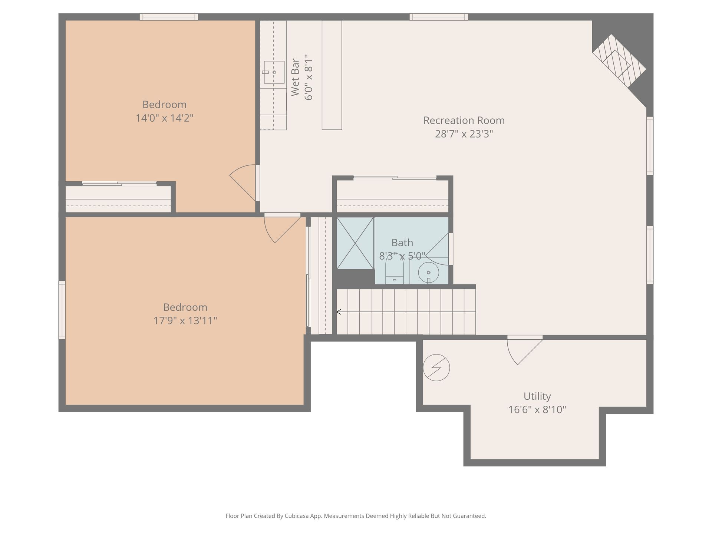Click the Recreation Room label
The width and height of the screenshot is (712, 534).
coord(464,121)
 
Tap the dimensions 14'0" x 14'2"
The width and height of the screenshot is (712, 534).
coord(164,118)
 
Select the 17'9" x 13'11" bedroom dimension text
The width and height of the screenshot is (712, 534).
coord(185,320)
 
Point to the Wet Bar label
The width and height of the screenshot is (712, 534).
coord(295,77)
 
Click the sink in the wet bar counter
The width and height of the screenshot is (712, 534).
coord(274,72)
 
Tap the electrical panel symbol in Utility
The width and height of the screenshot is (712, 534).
coord(436,368)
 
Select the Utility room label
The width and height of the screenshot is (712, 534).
coord(537,396)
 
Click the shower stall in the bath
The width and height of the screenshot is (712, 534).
coord(355,243)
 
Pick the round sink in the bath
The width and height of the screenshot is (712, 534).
coord(429,273)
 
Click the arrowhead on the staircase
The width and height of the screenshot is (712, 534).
coord(339,312)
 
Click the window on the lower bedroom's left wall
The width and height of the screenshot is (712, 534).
coord(62,310)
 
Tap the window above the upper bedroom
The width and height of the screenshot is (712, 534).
coord(169,17)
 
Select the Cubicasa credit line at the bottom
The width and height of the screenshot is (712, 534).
coord(356,516)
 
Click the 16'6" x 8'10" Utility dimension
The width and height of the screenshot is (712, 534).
coord(537,410)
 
